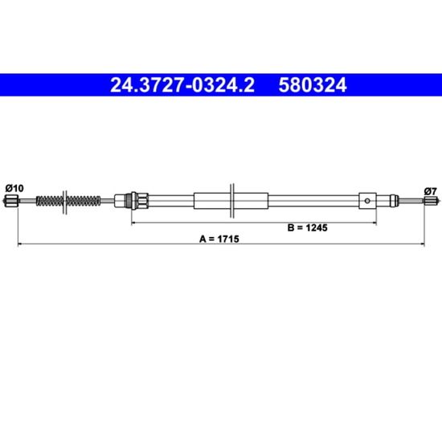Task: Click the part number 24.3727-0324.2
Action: click(182, 85)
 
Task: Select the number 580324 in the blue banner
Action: click(313, 85)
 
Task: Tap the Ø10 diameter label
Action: click(14, 188)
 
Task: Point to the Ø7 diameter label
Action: click(430, 191)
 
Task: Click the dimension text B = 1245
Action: click(307, 227)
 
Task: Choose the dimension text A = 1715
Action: click(219, 239)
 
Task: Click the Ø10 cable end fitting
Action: click(11, 201)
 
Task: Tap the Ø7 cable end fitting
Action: click(431, 200)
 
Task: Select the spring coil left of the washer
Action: click(50, 201)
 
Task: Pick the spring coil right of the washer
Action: click(84, 201)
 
